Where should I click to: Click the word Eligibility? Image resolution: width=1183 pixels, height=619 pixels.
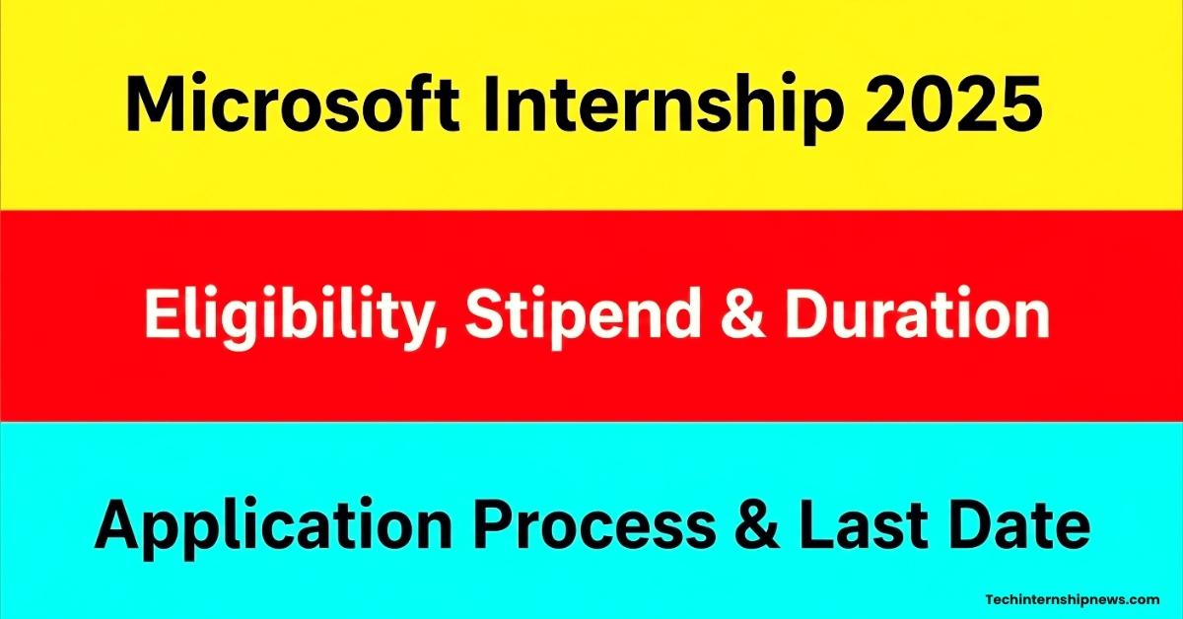click(290, 318)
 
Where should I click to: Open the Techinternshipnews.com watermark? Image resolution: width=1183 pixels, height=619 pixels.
click(1073, 600)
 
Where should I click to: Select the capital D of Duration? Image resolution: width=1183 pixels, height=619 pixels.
click(807, 313)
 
